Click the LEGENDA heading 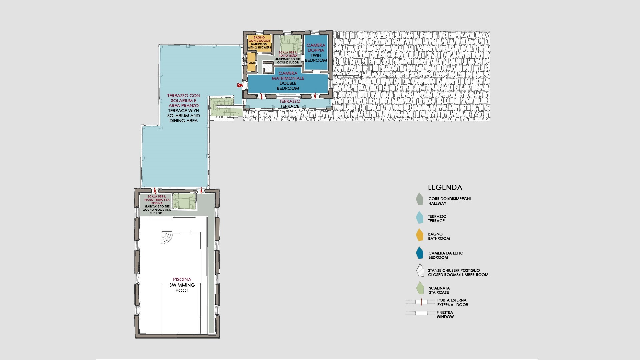coord(445,187)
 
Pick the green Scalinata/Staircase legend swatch coord(420,288)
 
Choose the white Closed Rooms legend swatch coord(420,271)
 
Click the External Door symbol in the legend coord(420,302)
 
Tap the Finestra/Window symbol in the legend coord(420,313)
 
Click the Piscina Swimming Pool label coord(182,285)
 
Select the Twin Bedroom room coord(316,52)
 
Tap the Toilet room coord(251,62)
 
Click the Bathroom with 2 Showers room coord(259,43)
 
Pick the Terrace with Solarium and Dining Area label coord(184,108)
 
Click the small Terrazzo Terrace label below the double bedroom coord(290,104)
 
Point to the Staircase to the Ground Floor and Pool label coord(157,205)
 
